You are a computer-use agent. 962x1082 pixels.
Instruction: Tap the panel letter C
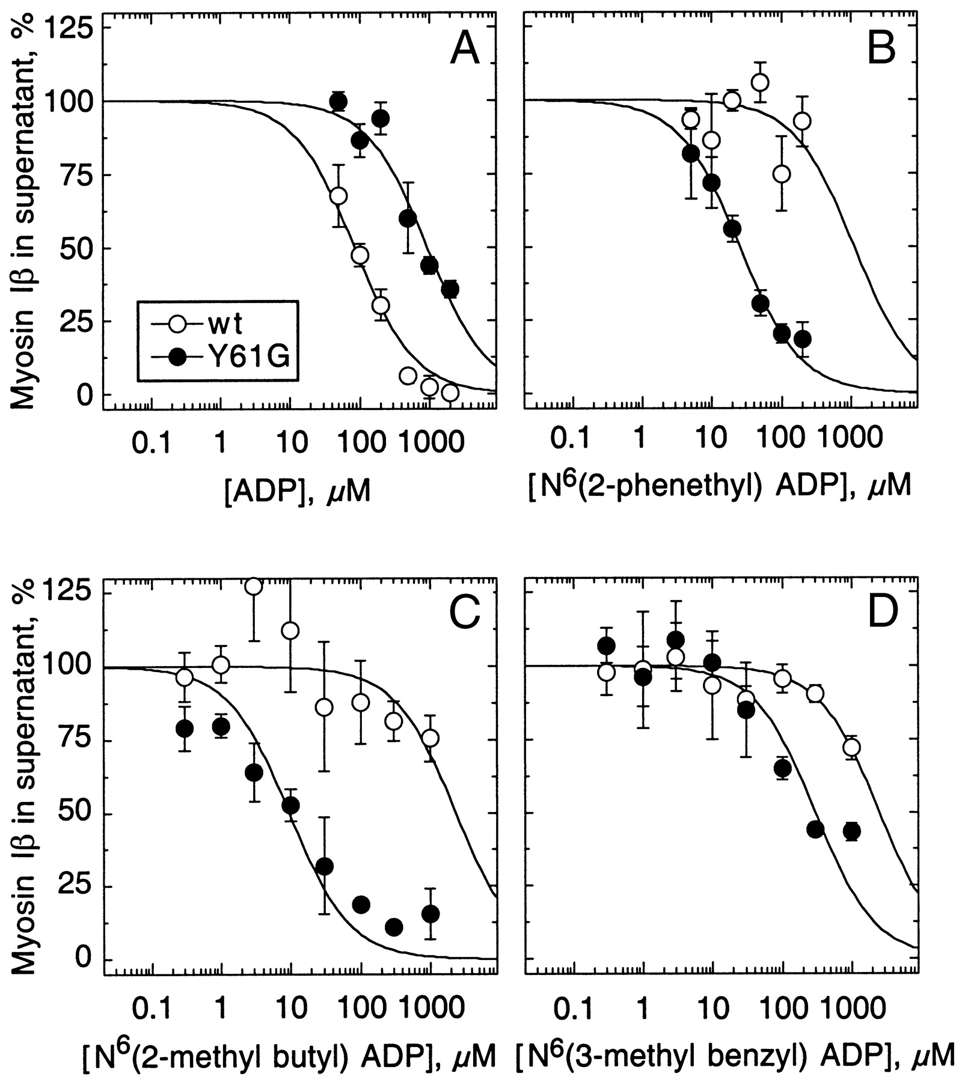click(464, 611)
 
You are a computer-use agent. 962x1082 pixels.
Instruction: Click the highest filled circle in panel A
click(339, 102)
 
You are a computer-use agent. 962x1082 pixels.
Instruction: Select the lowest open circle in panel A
click(450, 393)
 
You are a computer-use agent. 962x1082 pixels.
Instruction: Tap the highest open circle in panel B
click(760, 82)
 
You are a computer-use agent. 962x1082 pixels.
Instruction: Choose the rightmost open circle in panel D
click(851, 747)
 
